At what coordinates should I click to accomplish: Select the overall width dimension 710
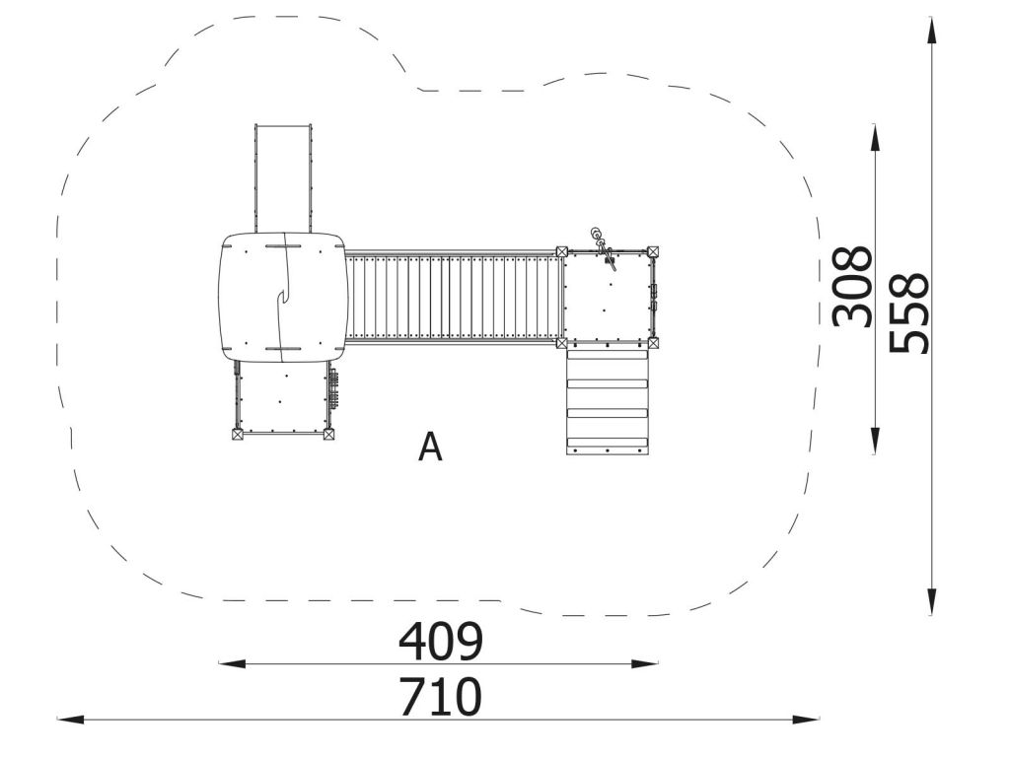441,697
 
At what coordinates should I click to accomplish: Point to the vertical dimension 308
852,287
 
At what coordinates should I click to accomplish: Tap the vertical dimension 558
908,313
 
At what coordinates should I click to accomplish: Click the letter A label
430,447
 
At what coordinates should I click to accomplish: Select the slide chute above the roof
283,178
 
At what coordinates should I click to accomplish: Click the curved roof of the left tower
283,297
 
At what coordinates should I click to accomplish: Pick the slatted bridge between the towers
451,297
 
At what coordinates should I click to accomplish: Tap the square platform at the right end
607,297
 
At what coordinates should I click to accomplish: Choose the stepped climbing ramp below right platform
607,401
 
